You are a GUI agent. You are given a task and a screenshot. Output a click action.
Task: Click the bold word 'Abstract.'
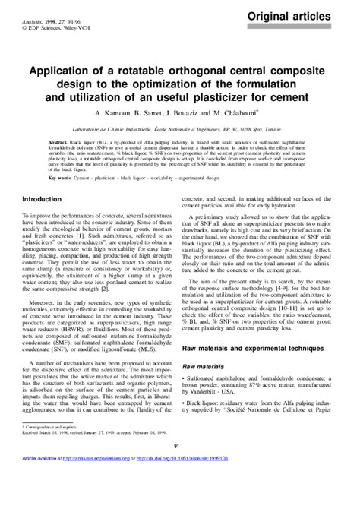tap(58, 142)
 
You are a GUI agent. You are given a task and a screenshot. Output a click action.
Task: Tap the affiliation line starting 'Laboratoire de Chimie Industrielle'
tap(180, 120)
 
